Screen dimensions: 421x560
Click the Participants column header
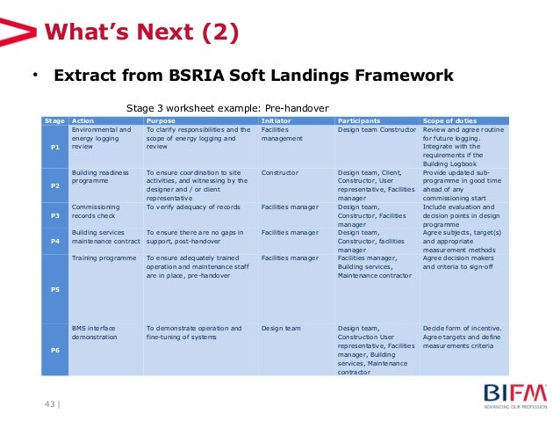360,120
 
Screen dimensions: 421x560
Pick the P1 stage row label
54,148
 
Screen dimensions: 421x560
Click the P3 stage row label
54,214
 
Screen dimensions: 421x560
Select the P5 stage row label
54,287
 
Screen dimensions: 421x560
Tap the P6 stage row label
54,348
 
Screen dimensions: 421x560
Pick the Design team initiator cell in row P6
281,328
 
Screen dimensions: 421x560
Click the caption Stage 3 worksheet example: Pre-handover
227,107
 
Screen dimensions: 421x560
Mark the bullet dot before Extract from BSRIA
35,75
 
